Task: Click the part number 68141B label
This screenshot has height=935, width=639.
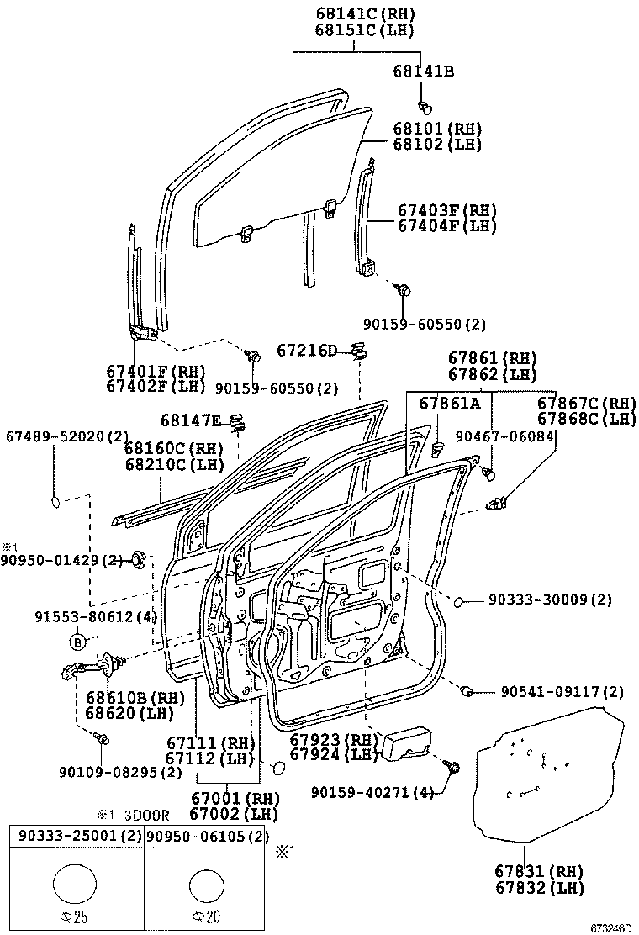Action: (x=423, y=71)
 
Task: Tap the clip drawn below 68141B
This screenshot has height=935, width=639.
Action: (x=425, y=106)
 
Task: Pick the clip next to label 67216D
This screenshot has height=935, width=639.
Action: (x=359, y=351)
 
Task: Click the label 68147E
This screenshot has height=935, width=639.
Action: (x=191, y=420)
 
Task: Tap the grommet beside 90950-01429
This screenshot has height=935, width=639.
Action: (x=139, y=559)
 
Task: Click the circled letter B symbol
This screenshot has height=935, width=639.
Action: (x=77, y=642)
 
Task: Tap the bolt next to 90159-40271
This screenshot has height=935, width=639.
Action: (x=455, y=766)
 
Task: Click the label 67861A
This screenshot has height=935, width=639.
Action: (x=450, y=404)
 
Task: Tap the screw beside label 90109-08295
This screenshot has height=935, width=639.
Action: (x=103, y=739)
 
